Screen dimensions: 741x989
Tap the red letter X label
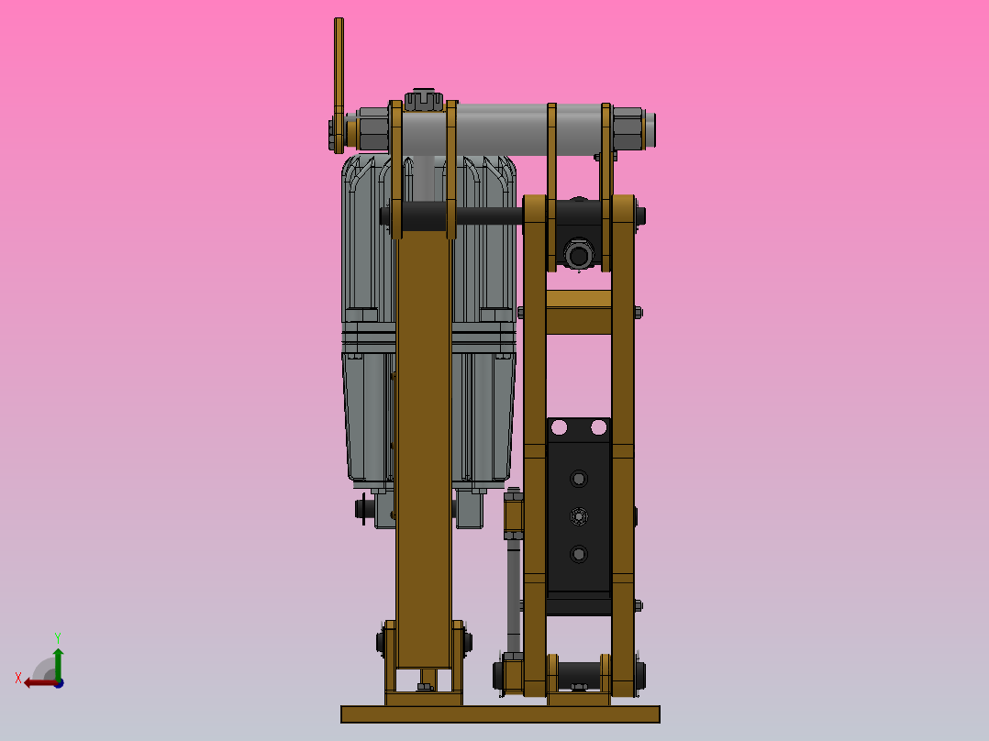[x=18, y=678]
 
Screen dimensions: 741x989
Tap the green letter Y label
[x=57, y=636]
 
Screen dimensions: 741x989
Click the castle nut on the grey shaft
[x=423, y=98]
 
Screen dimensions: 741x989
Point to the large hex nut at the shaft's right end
[x=628, y=128]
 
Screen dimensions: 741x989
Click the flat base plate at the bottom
[x=500, y=713]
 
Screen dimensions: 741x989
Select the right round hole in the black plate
[x=599, y=426]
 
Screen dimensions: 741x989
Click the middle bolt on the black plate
[x=578, y=516]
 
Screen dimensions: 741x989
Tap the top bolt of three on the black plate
[x=578, y=479]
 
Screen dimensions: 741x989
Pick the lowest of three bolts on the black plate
[x=578, y=554]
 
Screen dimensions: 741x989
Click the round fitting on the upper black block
[x=577, y=254]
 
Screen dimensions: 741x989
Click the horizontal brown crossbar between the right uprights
[x=578, y=312]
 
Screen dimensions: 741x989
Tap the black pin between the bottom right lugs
[x=578, y=674]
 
